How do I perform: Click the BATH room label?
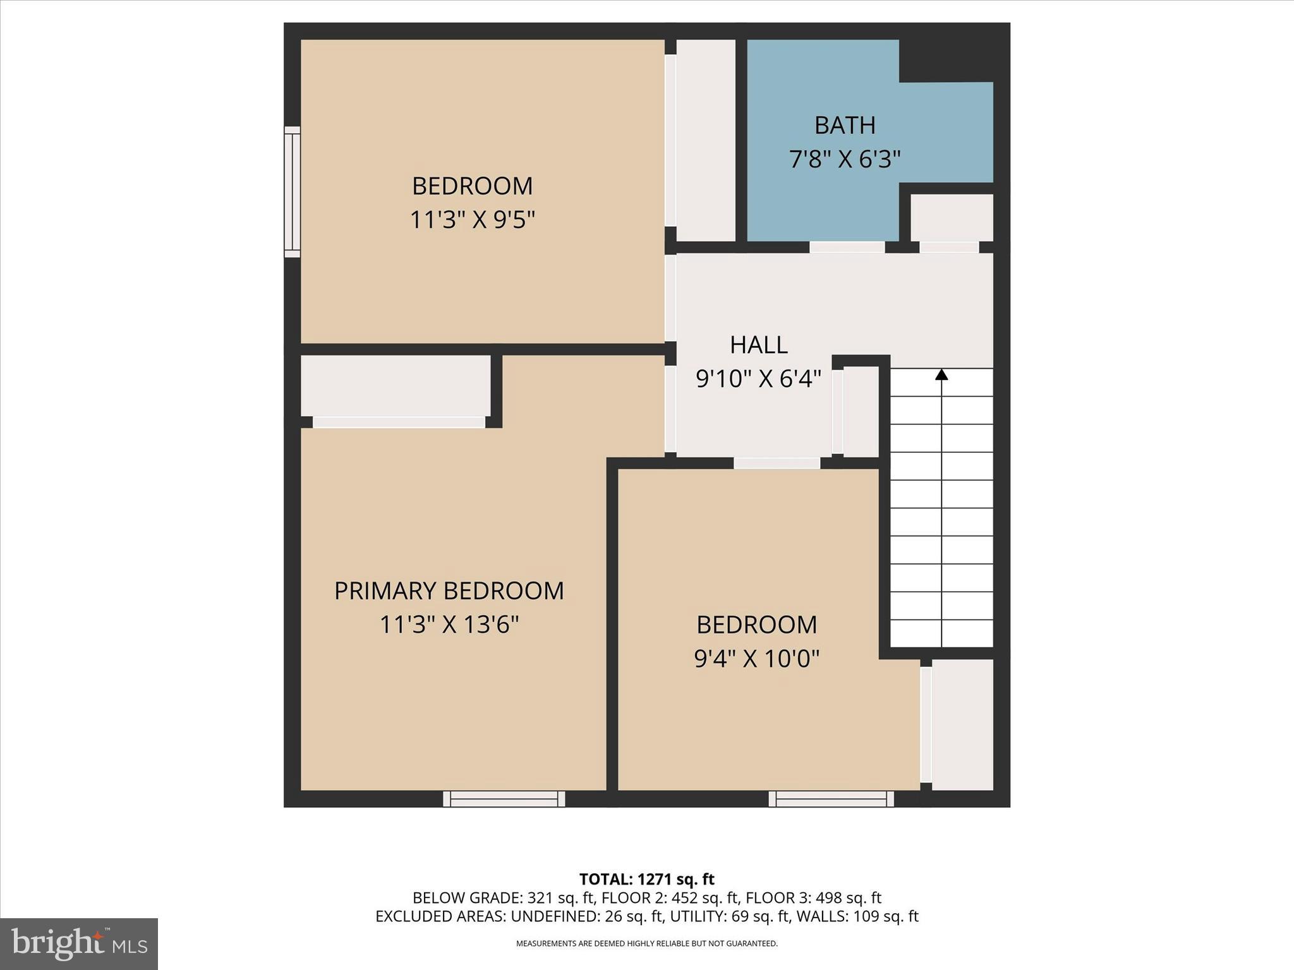point(845,125)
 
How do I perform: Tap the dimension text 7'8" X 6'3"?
point(845,159)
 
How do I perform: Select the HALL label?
point(758,345)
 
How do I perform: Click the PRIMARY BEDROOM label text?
point(449,591)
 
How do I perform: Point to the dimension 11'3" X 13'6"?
point(449,625)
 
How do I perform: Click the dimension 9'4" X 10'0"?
point(756,659)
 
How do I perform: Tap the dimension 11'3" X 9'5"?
point(473,220)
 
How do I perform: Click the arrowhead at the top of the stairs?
point(941,374)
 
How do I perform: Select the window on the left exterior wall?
point(292,192)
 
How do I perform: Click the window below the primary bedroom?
point(504,799)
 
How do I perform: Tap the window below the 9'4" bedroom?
point(831,799)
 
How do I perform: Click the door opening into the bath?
point(847,247)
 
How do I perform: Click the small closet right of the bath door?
point(951,217)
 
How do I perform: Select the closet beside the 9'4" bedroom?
point(962,724)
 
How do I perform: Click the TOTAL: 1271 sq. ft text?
point(646,879)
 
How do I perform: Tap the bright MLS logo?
point(78,943)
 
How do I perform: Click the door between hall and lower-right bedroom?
point(777,463)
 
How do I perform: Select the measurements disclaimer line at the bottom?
point(646,943)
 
